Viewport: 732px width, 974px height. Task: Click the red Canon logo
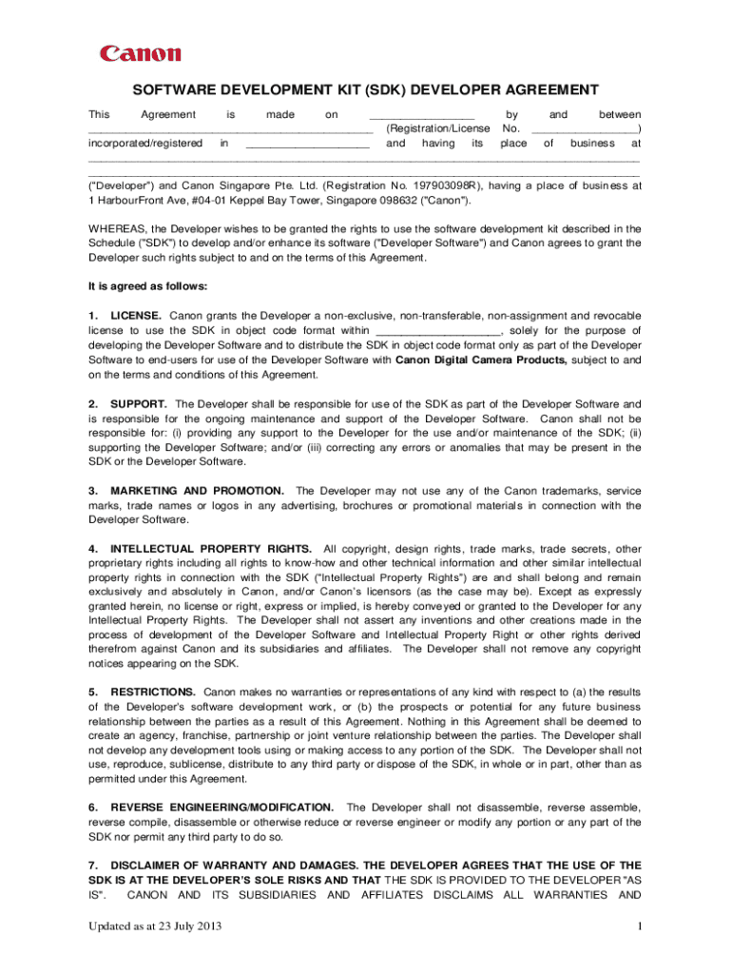(141, 54)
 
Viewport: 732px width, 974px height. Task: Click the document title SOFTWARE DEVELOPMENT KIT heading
(365, 90)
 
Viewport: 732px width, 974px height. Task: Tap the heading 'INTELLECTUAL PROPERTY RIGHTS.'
(211, 549)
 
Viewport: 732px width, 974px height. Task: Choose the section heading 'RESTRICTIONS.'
(153, 692)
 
